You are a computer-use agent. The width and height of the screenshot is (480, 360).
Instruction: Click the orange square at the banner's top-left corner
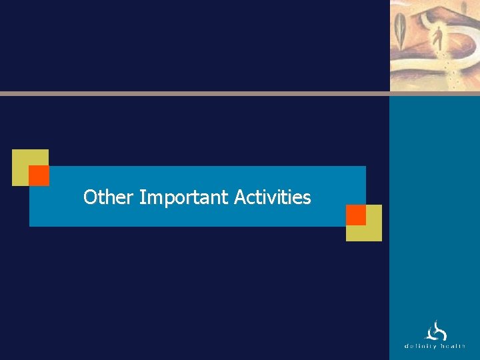pyautogui.click(x=39, y=175)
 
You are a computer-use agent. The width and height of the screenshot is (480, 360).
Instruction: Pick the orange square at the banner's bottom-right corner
pyautogui.click(x=356, y=215)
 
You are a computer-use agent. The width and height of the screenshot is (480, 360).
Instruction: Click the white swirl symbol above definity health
pyautogui.click(x=436, y=331)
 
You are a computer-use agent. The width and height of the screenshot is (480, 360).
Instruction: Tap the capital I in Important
pyautogui.click(x=142, y=197)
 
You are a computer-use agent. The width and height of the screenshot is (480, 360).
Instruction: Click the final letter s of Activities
pyautogui.click(x=307, y=199)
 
